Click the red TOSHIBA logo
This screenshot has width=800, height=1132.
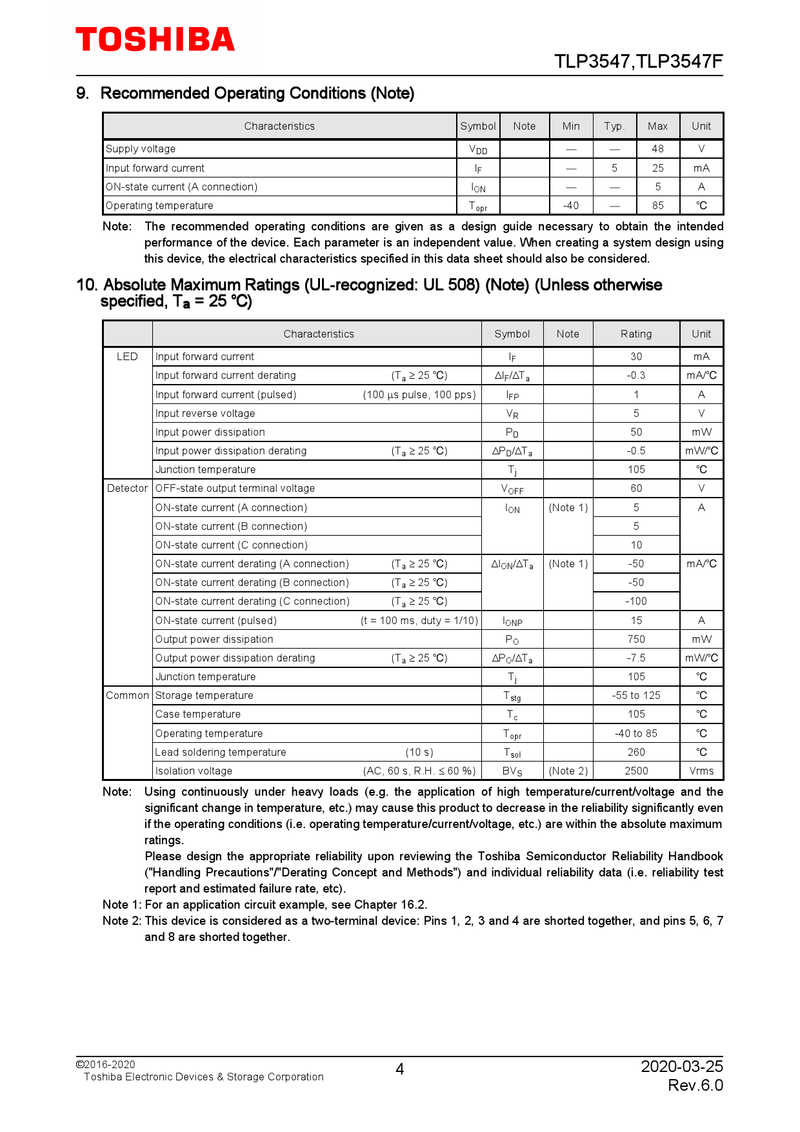click(x=155, y=39)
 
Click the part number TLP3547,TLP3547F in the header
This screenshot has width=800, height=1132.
click(x=638, y=61)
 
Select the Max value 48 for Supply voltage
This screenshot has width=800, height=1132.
click(x=657, y=149)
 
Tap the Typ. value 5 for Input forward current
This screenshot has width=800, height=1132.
click(x=614, y=168)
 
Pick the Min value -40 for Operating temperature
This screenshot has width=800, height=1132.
click(x=570, y=206)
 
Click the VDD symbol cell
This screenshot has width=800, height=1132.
click(x=478, y=149)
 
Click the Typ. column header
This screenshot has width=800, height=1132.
click(x=614, y=126)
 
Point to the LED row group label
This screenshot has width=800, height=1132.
click(x=127, y=357)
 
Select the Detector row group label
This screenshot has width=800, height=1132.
click(x=127, y=489)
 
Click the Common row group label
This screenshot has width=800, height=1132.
click(x=127, y=696)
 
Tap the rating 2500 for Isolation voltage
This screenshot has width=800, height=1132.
click(x=635, y=771)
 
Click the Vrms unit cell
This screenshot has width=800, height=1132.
click(x=701, y=771)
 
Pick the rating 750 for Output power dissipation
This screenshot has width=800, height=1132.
click(x=635, y=640)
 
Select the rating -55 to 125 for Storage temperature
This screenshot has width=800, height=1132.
click(x=635, y=696)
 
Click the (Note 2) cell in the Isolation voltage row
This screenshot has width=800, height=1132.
click(x=568, y=771)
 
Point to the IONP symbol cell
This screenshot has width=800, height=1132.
click(x=512, y=621)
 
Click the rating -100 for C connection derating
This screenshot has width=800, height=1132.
click(x=635, y=601)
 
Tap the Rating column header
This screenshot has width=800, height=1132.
click(x=635, y=334)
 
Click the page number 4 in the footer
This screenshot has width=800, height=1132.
click(x=399, y=1069)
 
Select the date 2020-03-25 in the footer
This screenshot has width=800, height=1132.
click(x=681, y=1066)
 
